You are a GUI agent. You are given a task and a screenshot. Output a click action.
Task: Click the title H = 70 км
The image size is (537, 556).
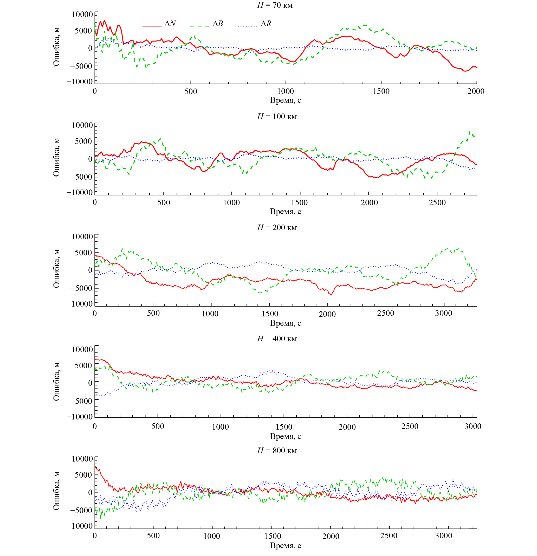point(275,5)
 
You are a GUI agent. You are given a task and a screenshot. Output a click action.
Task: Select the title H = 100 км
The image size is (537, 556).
point(277,117)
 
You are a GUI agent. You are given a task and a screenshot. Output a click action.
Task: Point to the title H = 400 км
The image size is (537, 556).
point(277,339)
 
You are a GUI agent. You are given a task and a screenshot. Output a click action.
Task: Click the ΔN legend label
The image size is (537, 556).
point(170,24)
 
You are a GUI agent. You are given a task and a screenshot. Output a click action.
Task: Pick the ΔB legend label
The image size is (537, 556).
point(218,24)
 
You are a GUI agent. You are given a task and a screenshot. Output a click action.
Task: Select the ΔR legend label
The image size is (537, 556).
point(266,24)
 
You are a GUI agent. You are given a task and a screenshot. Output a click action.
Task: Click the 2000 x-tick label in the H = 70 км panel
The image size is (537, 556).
point(476,91)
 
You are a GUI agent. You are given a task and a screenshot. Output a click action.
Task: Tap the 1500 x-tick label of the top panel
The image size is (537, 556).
point(381,91)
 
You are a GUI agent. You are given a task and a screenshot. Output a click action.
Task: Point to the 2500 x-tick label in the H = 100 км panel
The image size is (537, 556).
point(437,202)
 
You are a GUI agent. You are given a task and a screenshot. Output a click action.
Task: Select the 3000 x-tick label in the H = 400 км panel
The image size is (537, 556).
point(473,426)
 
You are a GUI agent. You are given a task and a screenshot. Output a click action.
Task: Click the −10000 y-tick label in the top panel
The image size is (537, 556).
point(80,82)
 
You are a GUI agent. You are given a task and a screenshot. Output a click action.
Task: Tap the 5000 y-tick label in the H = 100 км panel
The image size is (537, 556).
point(84,141)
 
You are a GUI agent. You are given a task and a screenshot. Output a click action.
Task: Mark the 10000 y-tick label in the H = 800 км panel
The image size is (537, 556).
point(82,459)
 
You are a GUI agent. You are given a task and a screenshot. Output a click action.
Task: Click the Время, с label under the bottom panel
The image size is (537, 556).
point(285,546)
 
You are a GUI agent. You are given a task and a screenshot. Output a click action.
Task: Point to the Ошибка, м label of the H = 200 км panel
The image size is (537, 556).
point(56,269)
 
